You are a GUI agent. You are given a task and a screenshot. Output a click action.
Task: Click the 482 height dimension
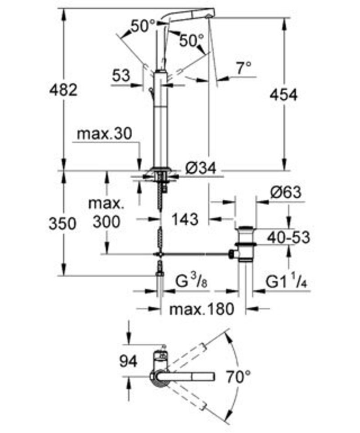pos(64,90)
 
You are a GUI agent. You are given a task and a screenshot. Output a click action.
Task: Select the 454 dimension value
pos(283,95)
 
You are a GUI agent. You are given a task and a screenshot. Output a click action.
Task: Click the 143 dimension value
pos(186,219)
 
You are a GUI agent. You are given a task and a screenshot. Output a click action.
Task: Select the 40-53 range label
pos(288,237)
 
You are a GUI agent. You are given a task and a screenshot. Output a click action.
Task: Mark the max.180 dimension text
pos(202,309)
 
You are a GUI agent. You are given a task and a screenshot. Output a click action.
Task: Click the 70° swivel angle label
pos(238,376)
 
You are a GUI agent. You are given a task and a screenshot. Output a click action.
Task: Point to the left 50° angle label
pos(143,26)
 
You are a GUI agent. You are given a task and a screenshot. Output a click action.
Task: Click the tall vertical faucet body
pos(159,119)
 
